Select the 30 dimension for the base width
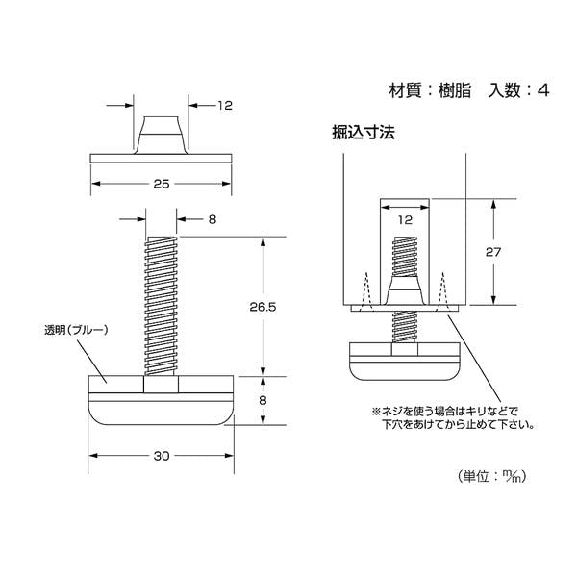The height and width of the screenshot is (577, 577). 161,457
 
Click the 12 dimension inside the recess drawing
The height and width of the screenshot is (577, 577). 404,221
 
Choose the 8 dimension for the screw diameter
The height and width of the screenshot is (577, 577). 211,219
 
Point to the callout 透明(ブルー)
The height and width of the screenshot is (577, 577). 77,330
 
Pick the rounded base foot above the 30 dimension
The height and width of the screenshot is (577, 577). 161,399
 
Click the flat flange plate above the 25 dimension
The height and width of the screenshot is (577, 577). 161,157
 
